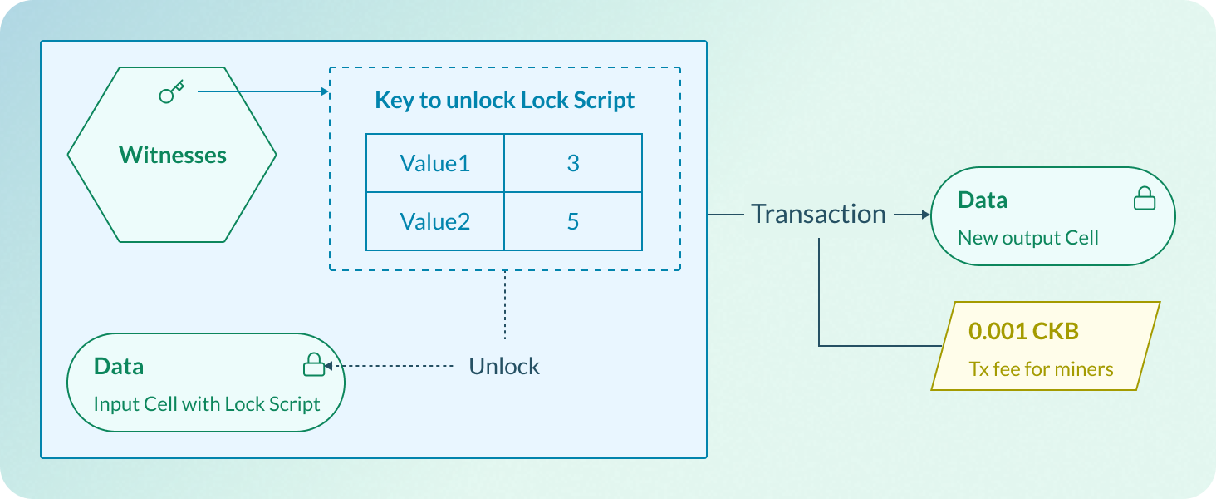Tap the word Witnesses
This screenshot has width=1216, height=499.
173,156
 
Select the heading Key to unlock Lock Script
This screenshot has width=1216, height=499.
504,101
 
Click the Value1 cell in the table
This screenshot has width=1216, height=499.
434,163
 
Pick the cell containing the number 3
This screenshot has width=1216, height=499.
572,163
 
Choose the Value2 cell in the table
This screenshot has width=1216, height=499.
434,221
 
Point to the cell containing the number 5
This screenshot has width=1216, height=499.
572,221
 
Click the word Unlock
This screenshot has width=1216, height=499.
504,366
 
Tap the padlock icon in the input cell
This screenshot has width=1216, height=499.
312,364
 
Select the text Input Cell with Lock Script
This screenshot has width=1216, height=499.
207,404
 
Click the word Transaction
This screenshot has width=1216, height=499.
818,215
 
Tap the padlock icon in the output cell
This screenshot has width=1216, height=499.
1144,198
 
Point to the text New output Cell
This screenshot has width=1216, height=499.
1027,238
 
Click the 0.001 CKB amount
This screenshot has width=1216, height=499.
1023,331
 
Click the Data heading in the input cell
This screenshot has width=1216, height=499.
119,366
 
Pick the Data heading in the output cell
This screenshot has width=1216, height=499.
983,200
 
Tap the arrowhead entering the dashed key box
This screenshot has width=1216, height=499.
326,91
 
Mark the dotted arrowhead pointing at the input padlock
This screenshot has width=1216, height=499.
328,366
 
